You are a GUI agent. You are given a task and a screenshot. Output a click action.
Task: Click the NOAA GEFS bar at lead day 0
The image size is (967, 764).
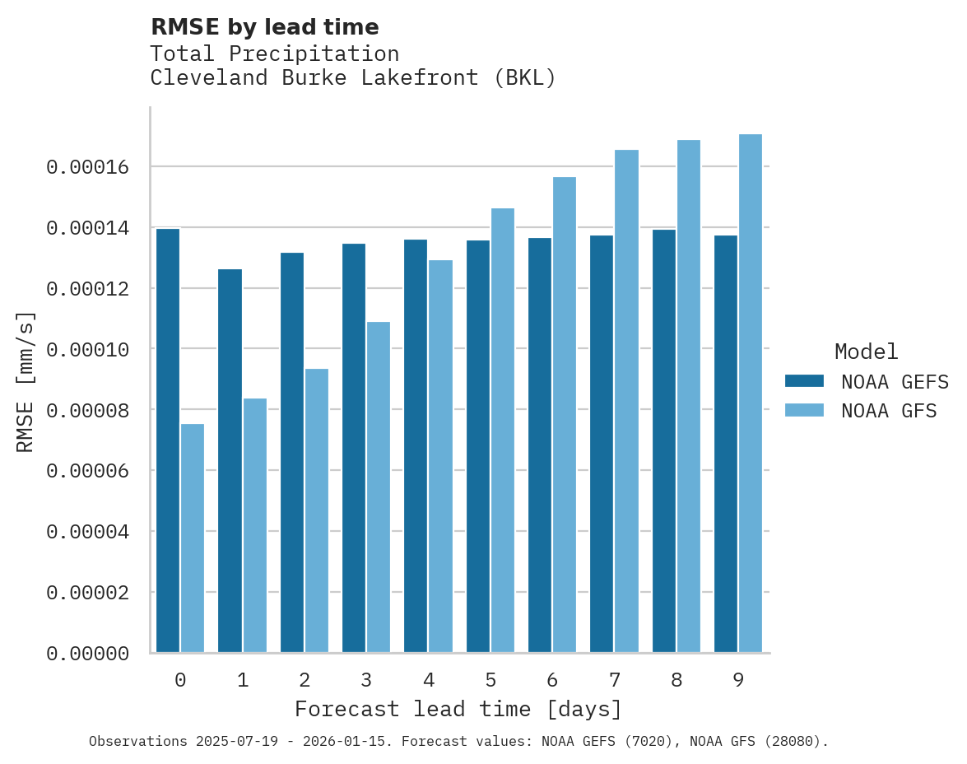click(x=168, y=440)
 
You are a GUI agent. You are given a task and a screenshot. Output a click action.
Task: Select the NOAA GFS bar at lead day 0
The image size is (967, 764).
click(x=193, y=538)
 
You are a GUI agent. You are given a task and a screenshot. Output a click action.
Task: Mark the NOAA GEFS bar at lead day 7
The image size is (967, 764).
click(x=602, y=444)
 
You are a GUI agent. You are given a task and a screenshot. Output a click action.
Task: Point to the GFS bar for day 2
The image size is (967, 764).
click(x=317, y=510)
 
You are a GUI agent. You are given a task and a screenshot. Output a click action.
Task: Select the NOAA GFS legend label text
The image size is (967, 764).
click(x=889, y=410)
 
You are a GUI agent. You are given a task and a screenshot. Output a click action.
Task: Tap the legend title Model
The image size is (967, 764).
click(x=866, y=352)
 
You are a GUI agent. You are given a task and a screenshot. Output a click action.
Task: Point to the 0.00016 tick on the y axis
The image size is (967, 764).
click(x=88, y=167)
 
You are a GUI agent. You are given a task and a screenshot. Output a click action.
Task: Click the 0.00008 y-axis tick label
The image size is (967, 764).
click(x=88, y=410)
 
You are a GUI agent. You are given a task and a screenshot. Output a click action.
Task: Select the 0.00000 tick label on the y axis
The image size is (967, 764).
click(x=88, y=654)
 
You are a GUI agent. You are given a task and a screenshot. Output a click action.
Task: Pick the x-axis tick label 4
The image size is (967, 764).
click(x=429, y=680)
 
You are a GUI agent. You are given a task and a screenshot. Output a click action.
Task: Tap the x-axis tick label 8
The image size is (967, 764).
click(x=676, y=680)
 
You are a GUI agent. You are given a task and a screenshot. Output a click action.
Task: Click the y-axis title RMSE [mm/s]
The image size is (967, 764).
click(x=26, y=381)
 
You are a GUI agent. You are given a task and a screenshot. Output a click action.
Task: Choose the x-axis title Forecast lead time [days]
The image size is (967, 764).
click(x=458, y=709)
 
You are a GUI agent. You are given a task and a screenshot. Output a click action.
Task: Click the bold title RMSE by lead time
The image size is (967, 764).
click(x=265, y=27)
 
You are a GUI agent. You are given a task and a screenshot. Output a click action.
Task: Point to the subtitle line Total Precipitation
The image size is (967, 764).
click(x=275, y=54)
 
